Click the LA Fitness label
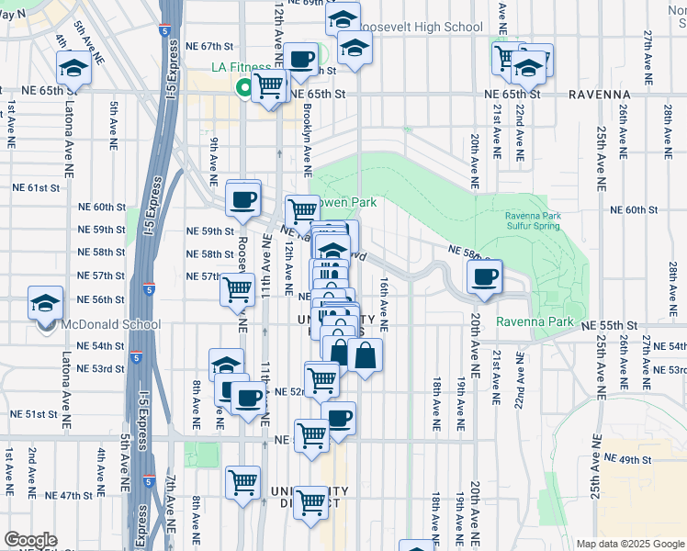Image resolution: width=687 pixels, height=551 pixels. click(x=242, y=67)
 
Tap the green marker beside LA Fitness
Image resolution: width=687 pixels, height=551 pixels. click(x=245, y=89)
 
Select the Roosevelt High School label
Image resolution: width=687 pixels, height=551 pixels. click(x=419, y=27)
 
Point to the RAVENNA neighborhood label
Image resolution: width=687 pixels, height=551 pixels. click(x=599, y=94)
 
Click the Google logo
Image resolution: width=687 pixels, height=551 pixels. click(x=30, y=540)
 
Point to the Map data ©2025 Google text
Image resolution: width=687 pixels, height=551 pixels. click(x=629, y=544)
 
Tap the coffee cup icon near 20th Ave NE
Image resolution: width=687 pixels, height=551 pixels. click(x=485, y=275)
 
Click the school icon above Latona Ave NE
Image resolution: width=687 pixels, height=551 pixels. click(x=73, y=67)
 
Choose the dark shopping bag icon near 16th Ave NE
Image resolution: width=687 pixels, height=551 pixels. click(x=365, y=354)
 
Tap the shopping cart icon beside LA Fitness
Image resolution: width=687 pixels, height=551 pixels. click(x=268, y=86)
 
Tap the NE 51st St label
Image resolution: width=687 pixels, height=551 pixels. click(x=35, y=414)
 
